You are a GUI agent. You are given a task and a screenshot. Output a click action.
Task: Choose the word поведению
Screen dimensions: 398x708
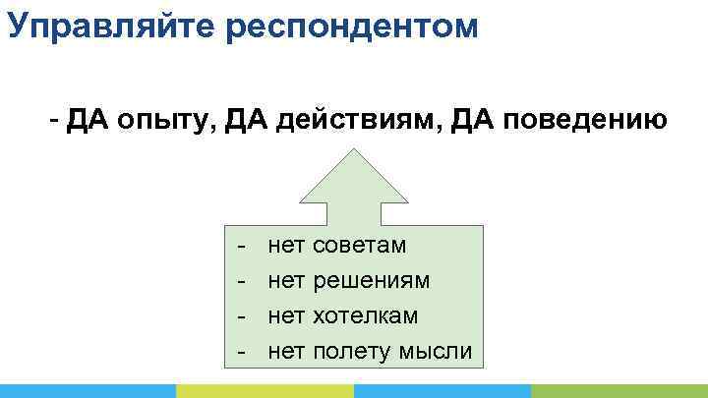586,121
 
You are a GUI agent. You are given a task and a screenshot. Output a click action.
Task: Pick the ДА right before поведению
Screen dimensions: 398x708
475,121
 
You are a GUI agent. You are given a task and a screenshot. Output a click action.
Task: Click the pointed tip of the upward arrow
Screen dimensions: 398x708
353,150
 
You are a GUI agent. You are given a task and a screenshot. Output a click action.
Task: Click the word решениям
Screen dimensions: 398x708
371,280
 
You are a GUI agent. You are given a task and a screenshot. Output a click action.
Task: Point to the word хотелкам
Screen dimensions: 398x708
365,315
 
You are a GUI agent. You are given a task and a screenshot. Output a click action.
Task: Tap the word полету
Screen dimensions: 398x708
351,351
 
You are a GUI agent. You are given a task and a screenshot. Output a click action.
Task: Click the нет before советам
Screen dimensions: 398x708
286,245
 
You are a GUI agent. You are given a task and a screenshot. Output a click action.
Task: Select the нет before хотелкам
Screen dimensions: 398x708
286,315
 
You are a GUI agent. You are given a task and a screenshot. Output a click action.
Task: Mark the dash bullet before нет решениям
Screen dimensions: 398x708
241,281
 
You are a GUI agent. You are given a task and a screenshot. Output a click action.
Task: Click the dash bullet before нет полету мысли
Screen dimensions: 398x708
241,352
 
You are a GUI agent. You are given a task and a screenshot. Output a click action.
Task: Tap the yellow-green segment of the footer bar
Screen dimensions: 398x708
265,390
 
